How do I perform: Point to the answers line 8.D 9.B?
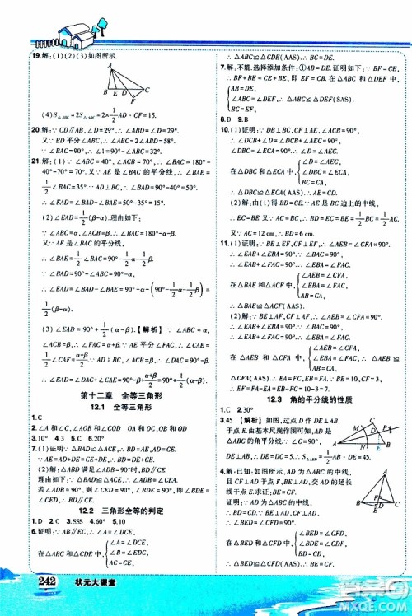pos(235,118)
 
